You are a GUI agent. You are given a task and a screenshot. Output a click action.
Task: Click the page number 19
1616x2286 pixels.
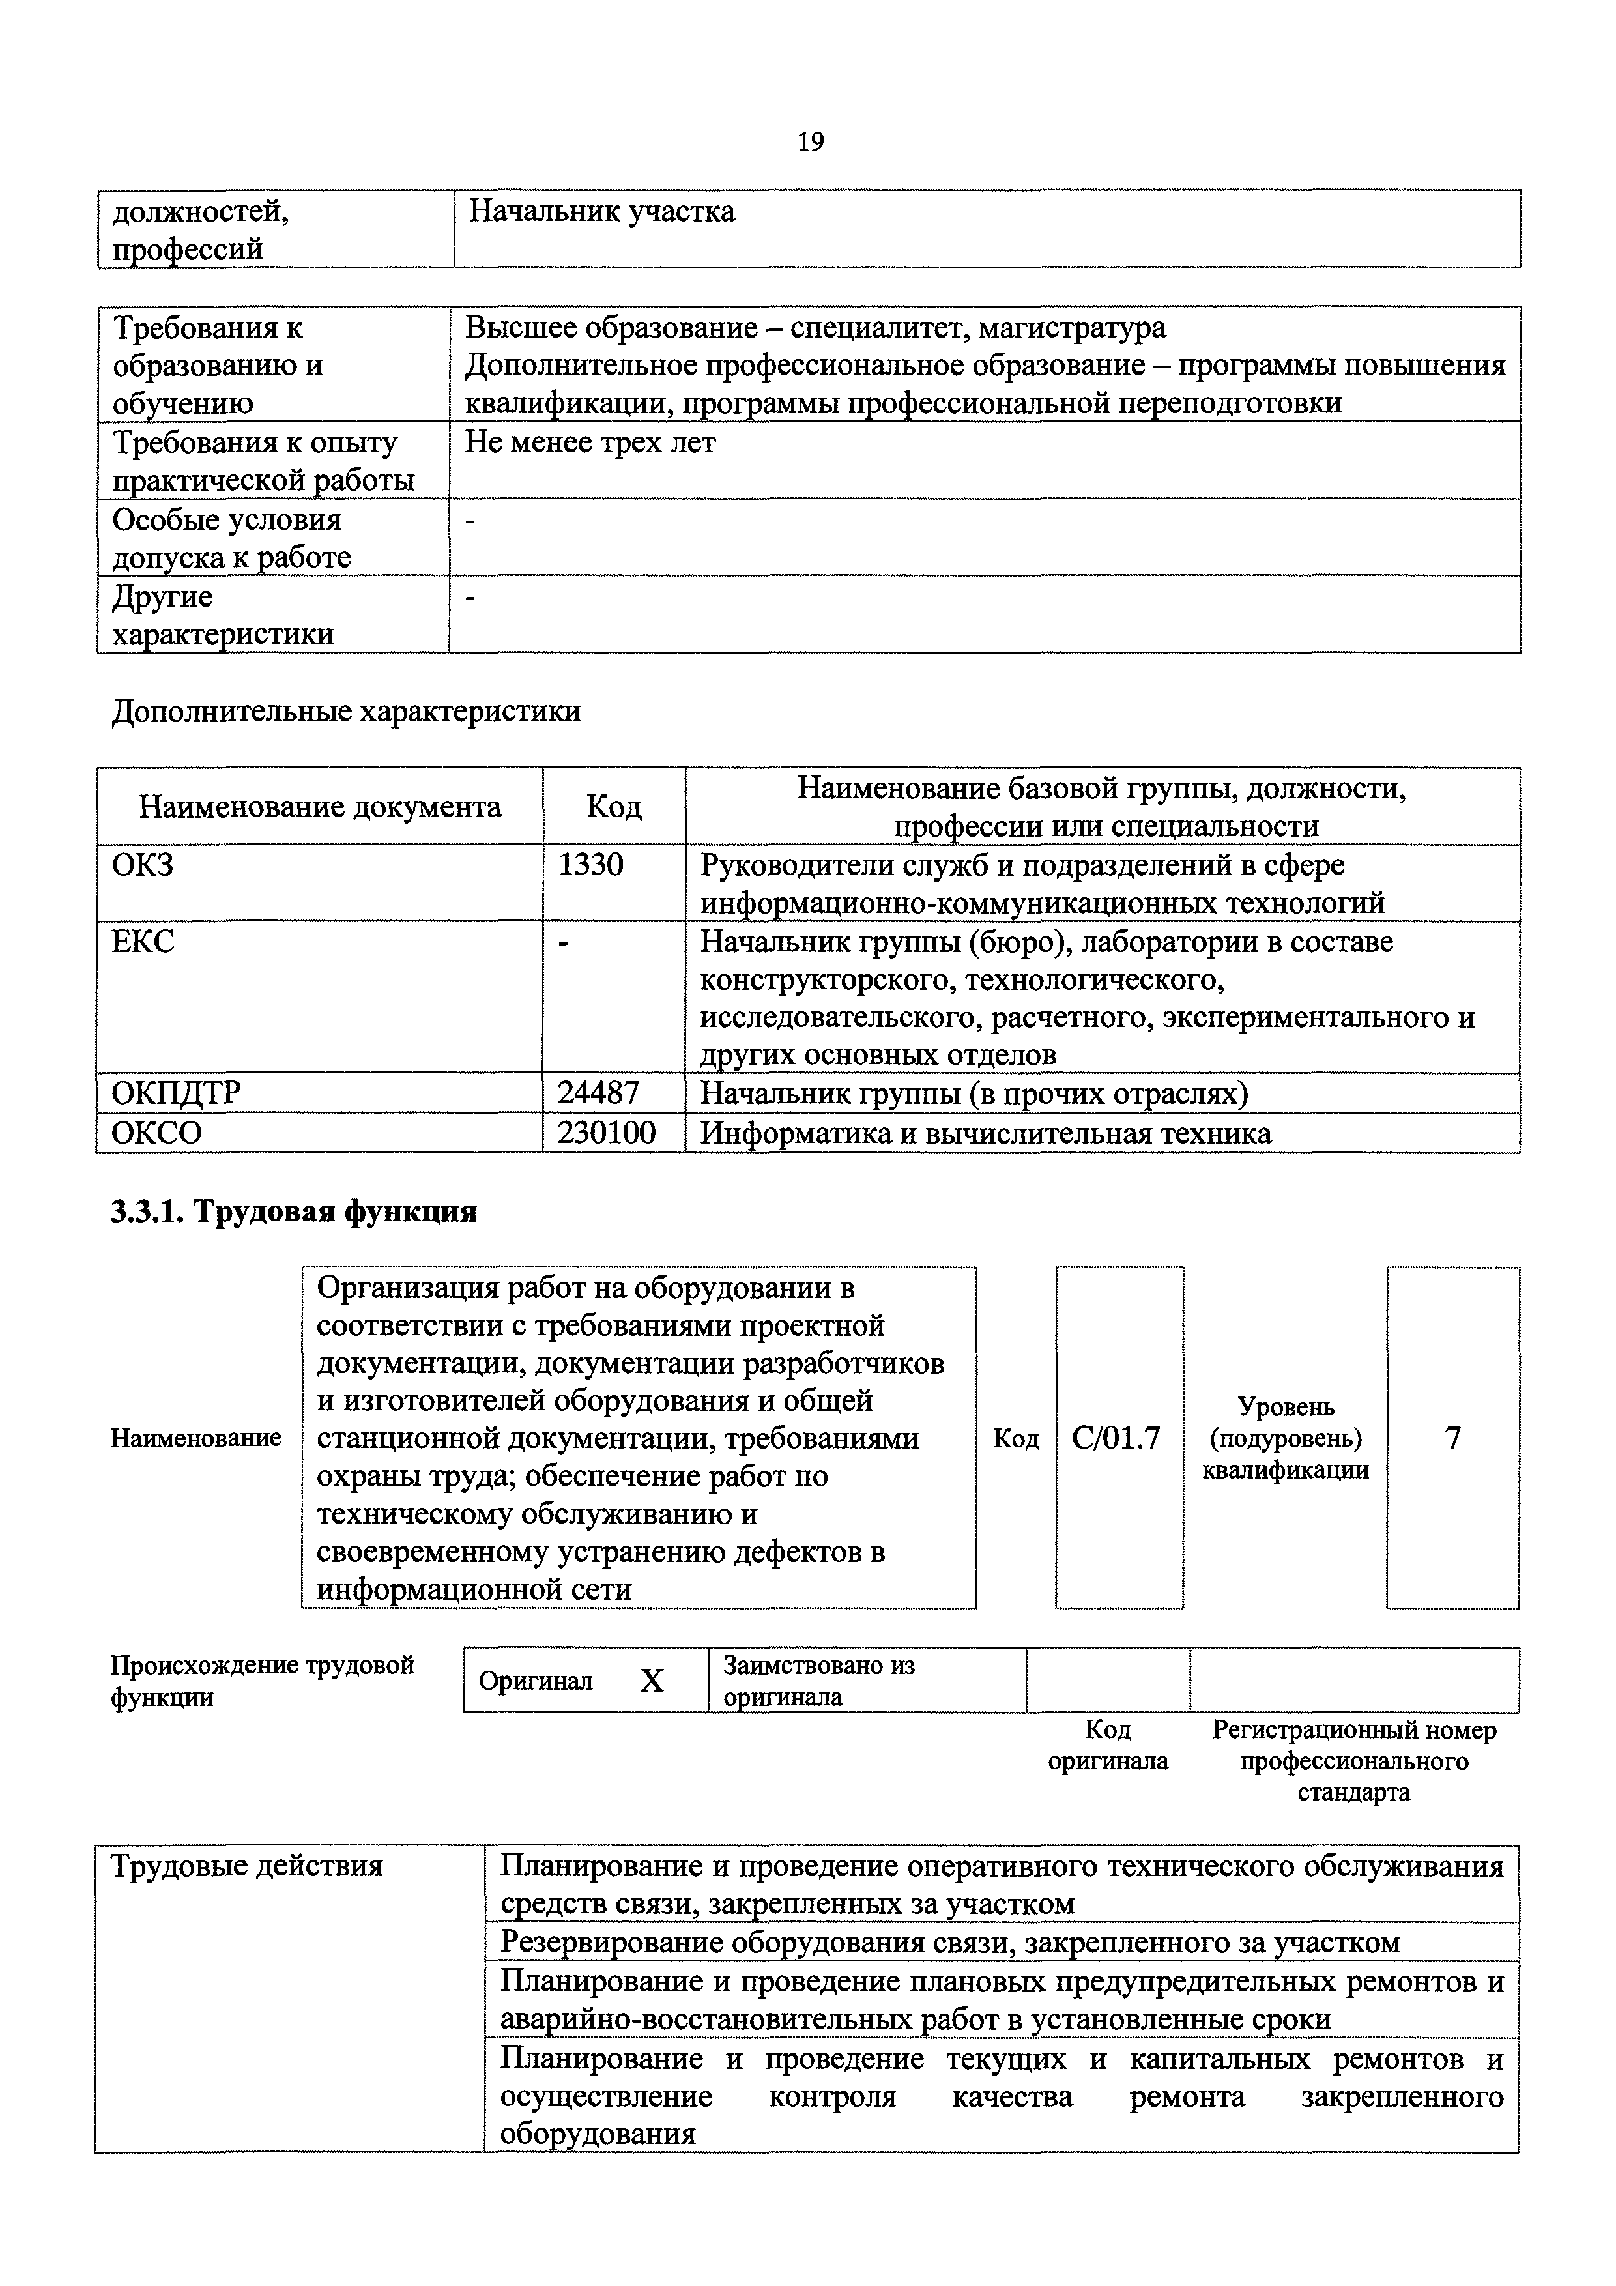click(809, 142)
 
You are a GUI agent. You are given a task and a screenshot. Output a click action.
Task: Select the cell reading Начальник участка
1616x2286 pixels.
click(601, 212)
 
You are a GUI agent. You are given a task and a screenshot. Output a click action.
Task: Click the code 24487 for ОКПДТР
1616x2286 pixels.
click(598, 1093)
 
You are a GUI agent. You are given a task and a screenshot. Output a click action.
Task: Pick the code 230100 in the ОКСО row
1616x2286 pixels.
click(607, 1133)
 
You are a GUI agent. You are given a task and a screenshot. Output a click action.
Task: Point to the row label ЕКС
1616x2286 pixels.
click(143, 941)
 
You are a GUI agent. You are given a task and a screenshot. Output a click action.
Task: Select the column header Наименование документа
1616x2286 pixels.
click(319, 807)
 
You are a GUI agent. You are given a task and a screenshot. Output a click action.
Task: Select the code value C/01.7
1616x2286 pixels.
click(1116, 1438)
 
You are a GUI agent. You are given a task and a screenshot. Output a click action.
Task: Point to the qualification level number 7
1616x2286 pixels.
click(1452, 1438)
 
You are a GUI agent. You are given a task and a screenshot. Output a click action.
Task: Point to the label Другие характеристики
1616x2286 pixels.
click(222, 615)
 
